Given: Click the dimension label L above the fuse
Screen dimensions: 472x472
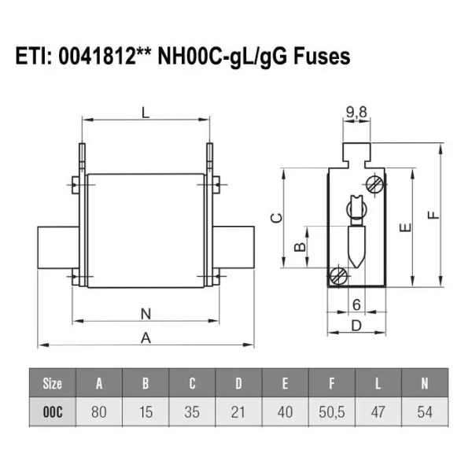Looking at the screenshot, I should click(145, 112).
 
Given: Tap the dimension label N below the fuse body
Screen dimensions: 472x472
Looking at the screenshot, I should click(145, 313).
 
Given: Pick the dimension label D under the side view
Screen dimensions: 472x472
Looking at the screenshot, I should click(356, 324).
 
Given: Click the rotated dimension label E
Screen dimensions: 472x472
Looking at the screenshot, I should click(404, 228).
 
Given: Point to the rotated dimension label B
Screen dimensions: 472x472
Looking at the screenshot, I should click(299, 247).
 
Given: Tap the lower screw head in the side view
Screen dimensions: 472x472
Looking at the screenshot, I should click(339, 276).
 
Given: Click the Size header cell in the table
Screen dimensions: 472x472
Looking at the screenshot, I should click(53, 384).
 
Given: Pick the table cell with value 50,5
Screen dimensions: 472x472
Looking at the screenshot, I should click(330, 411).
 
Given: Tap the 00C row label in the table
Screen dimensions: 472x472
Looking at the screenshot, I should click(53, 411).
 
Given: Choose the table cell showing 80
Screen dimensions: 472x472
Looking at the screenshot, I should click(99, 411).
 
